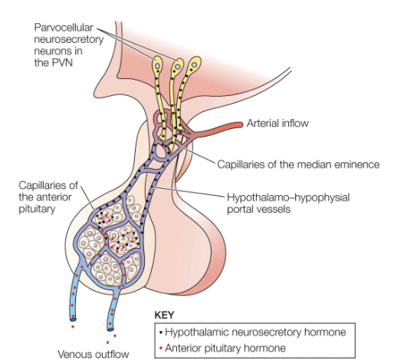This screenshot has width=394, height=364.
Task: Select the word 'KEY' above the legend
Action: pyautogui.click(x=165, y=315)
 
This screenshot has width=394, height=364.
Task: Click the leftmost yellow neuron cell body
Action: pyautogui.click(x=157, y=65)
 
